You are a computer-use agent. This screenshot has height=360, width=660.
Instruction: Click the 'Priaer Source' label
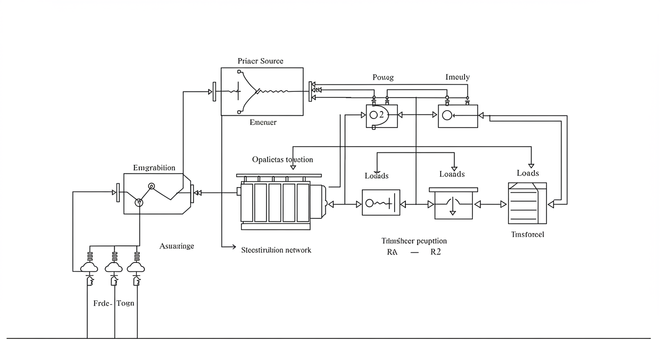[x=260, y=61]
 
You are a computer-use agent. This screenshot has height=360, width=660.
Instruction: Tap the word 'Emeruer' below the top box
[x=263, y=122]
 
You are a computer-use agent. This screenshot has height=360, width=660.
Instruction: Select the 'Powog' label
[x=383, y=77]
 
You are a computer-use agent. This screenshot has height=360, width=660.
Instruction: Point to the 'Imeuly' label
[x=457, y=77]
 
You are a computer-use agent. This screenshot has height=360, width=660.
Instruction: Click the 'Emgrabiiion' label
[x=154, y=168]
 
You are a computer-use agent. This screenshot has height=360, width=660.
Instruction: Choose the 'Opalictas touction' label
[x=282, y=159]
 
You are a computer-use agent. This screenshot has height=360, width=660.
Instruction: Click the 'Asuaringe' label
[x=176, y=246]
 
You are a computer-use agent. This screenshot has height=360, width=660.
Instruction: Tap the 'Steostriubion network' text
[x=276, y=250]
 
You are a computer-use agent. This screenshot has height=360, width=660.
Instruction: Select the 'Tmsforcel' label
[x=527, y=234]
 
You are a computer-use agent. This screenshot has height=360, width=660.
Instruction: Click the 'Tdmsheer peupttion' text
[x=414, y=241]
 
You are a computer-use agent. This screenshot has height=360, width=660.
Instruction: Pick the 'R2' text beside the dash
[x=435, y=252]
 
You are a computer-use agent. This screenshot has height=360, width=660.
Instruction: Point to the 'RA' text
[x=391, y=252]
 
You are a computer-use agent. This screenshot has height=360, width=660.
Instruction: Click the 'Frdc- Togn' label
[x=114, y=303]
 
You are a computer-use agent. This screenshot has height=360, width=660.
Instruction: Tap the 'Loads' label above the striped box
[x=528, y=173]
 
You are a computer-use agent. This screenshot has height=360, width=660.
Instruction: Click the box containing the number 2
[x=382, y=116]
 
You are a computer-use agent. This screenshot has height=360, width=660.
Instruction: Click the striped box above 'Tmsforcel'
[x=527, y=203]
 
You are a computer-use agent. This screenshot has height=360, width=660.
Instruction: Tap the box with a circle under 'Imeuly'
[x=458, y=116]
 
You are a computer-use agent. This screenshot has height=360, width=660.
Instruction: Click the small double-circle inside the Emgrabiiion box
[x=151, y=186]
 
